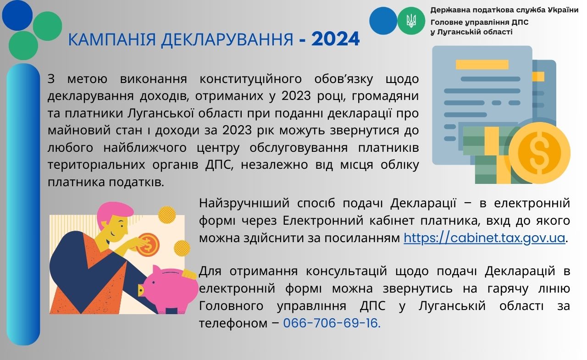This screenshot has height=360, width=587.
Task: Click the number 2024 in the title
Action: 335,39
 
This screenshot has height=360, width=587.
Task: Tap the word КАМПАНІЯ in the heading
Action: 112,40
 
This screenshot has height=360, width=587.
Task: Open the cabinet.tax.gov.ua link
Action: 484,238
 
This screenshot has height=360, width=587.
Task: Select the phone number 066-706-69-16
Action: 332,323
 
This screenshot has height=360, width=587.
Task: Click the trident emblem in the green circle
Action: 411,21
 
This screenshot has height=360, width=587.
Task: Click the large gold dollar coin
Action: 540,153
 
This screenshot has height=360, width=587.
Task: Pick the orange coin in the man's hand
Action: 148,245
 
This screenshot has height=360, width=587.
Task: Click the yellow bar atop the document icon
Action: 482,65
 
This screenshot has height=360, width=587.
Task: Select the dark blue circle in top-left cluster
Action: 17,15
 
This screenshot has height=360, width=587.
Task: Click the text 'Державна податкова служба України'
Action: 504,10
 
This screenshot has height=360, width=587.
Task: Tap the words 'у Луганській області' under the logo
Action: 471,32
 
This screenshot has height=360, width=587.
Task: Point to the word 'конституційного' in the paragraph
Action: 250,79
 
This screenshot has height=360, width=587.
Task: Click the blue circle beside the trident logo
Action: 383,21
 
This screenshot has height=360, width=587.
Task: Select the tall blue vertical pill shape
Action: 23,205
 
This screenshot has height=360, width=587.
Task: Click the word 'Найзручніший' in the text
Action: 244,203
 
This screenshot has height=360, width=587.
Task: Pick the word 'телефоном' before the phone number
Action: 233,323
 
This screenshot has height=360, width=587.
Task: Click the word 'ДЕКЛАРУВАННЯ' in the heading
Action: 227,40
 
